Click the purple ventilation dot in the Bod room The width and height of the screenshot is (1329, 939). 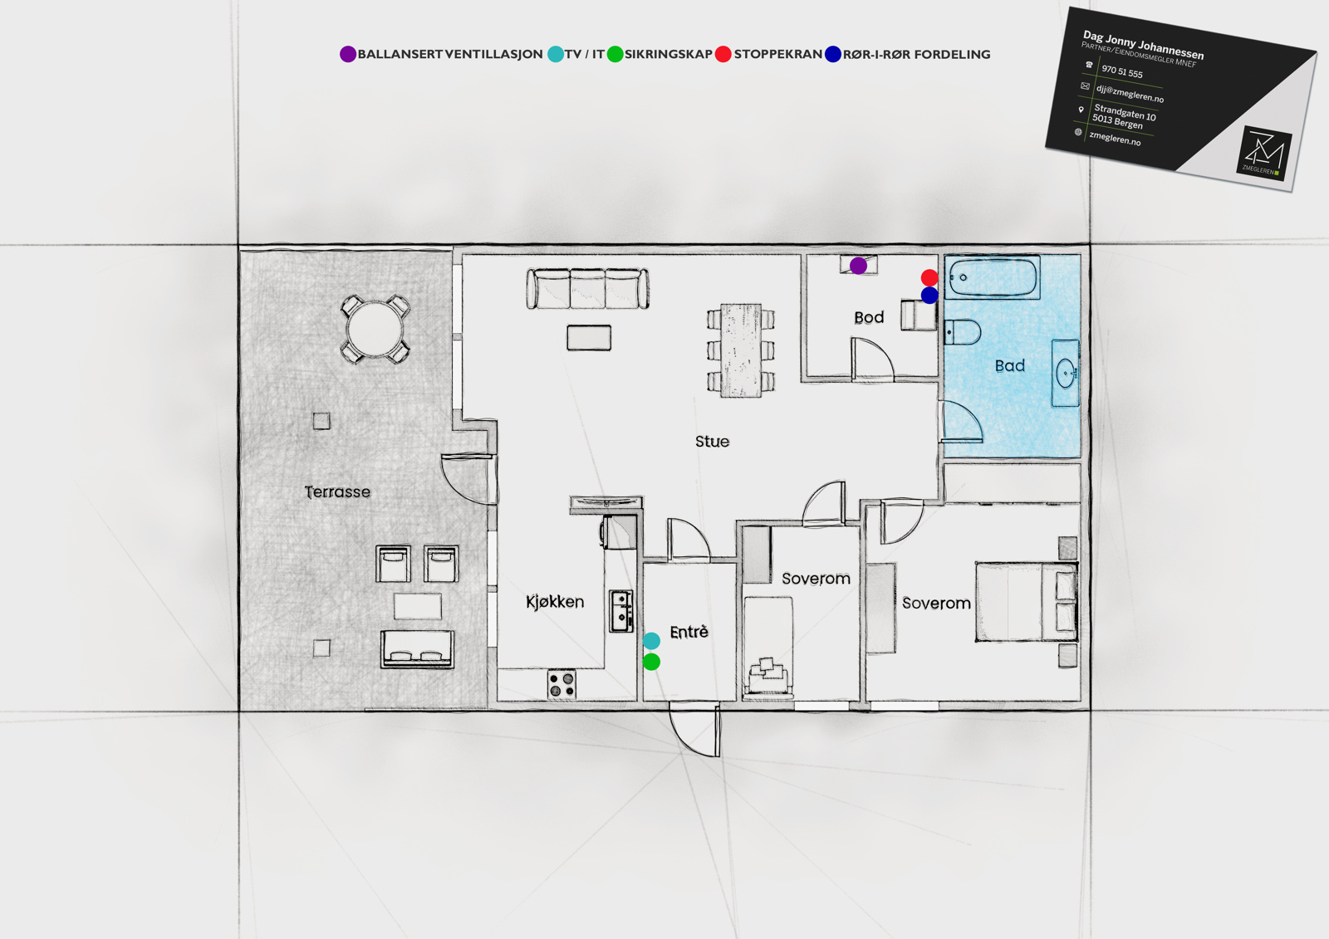[858, 266]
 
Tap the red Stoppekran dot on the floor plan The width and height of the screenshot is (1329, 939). [929, 277]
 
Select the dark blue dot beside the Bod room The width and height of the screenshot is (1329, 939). [929, 296]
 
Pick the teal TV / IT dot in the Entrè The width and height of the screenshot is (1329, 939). [651, 641]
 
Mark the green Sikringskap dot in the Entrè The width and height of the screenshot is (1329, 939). [651, 662]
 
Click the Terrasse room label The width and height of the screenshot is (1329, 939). [337, 492]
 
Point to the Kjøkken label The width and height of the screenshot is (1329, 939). [555, 602]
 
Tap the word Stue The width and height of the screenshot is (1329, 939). [712, 442]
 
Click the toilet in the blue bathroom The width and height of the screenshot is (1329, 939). [962, 332]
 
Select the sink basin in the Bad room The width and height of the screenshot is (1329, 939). [1066, 373]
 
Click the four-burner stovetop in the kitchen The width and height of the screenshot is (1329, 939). [562, 684]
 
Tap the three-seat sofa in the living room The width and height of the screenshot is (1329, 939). [587, 288]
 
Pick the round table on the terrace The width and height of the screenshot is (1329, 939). [375, 330]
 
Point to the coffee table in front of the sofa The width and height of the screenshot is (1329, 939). [589, 338]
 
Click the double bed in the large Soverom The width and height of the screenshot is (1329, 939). [1026, 602]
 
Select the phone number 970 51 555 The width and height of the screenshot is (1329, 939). [1122, 71]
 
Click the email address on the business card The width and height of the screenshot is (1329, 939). [1130, 93]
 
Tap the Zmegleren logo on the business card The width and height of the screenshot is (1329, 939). [1263, 153]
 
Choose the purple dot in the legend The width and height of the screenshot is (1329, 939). [348, 54]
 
